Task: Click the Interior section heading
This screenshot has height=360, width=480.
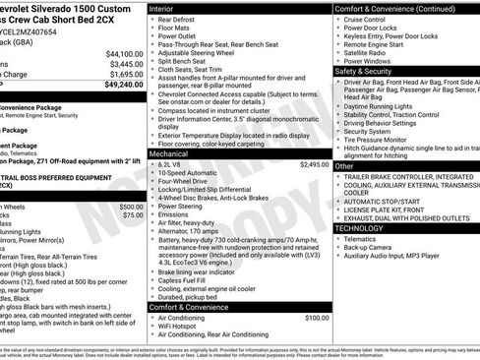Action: pyautogui.click(x=164, y=8)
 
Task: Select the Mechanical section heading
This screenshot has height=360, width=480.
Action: pyautogui.click(x=169, y=153)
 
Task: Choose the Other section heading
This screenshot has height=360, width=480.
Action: pyautogui.click(x=344, y=166)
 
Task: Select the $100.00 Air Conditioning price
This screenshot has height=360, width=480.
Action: pyautogui.click(x=316, y=318)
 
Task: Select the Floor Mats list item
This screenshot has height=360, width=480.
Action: pyautogui.click(x=177, y=30)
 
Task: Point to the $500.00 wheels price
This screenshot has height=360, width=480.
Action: pyautogui.click(x=130, y=208)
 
